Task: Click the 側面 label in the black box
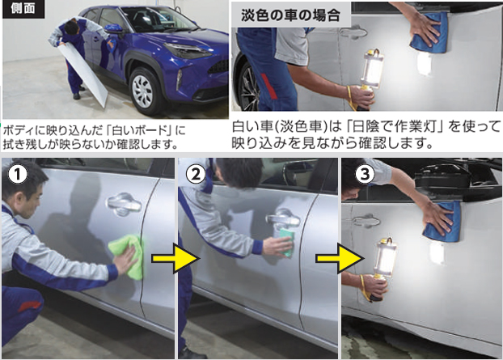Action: tap(23, 9)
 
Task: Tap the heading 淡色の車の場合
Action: tap(290, 15)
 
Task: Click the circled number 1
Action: tap(18, 175)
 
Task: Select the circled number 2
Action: tap(196, 175)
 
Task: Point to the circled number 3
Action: tap(365, 175)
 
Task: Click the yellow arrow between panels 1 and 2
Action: tap(175, 258)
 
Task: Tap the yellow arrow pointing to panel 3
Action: tap(340, 258)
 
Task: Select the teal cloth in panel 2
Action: tap(286, 243)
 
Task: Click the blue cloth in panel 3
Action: tap(443, 222)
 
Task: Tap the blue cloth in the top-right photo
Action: tap(430, 32)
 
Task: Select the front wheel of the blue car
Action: tap(143, 91)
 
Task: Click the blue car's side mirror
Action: tap(113, 29)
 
